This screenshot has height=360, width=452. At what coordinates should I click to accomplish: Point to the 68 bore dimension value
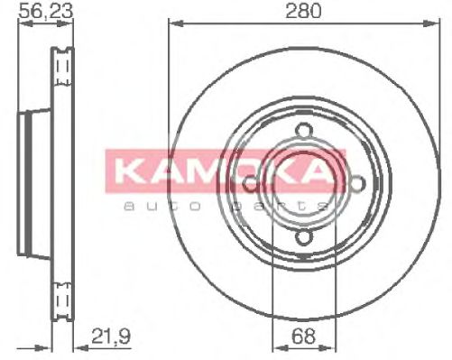(x=305, y=337)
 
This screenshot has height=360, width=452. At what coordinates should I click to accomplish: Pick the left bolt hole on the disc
(x=251, y=185)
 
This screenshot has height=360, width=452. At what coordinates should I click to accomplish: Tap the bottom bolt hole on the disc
(x=304, y=237)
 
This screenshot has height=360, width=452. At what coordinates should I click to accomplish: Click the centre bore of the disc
(x=304, y=185)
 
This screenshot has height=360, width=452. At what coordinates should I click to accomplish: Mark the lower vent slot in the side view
(x=62, y=300)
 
